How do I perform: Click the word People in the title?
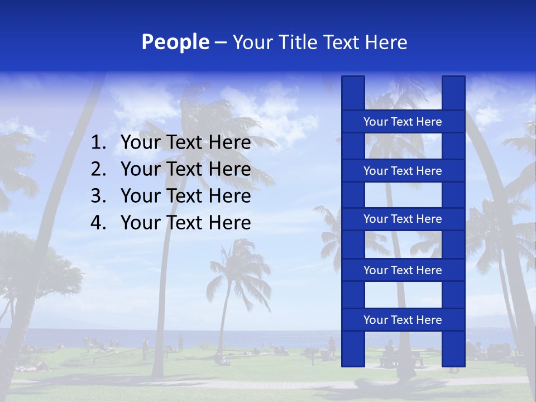[x=175, y=42]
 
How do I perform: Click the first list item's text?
[x=185, y=143]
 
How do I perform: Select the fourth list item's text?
[x=185, y=223]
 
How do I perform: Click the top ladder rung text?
[x=403, y=122]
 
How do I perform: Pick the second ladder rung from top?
[x=403, y=171]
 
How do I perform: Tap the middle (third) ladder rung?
[x=403, y=219]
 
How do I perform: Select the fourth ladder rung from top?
[x=403, y=270]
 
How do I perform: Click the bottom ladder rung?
[x=403, y=320]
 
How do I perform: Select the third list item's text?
[x=185, y=196]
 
